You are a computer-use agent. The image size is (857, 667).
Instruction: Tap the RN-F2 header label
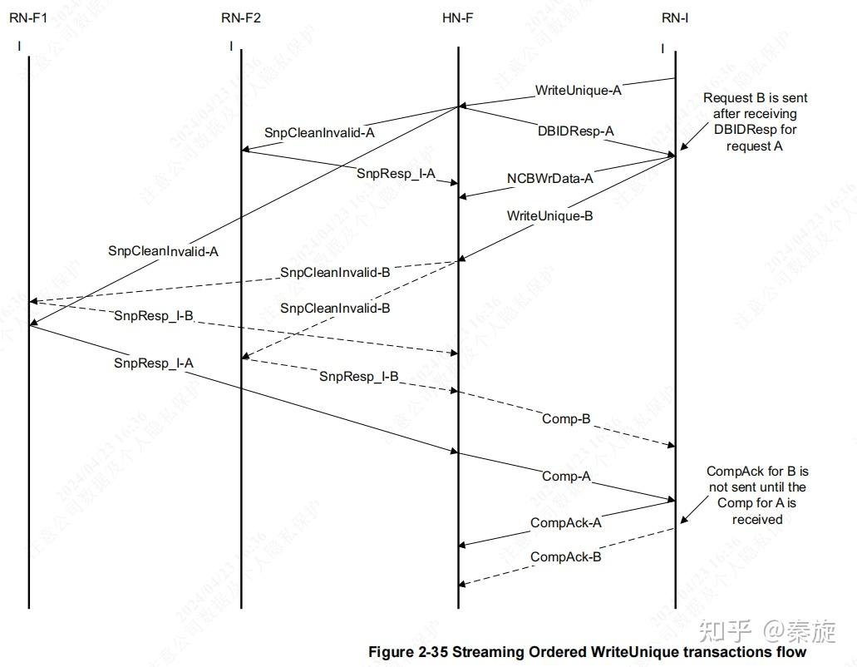click(241, 18)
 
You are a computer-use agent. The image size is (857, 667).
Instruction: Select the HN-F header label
click(458, 18)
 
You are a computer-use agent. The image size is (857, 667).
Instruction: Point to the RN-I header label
click(675, 18)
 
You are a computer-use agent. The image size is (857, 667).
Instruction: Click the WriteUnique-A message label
click(578, 90)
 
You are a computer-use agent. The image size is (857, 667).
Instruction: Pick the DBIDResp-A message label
click(575, 131)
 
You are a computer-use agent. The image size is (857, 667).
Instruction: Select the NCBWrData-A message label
click(550, 178)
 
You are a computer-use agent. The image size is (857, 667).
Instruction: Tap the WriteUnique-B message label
click(549, 215)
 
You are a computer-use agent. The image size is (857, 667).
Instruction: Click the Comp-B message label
click(566, 418)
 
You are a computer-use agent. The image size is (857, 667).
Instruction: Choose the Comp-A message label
click(566, 476)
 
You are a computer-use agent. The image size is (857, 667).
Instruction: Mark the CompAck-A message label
click(565, 522)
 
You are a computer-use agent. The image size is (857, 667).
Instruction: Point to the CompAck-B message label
click(565, 556)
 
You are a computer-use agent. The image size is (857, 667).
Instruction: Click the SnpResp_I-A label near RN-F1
click(154, 363)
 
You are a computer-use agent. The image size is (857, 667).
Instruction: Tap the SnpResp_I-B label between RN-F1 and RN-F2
click(154, 315)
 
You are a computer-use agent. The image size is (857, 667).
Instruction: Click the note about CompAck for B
click(756, 495)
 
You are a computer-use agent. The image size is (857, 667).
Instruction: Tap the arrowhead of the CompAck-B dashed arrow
click(462, 584)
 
